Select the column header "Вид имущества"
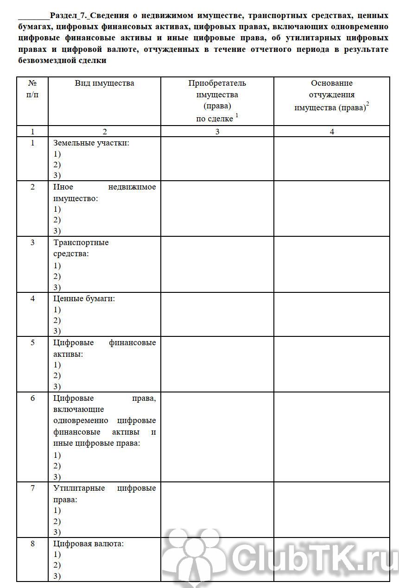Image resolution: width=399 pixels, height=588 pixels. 104,83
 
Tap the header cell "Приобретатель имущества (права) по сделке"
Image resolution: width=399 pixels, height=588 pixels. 217,101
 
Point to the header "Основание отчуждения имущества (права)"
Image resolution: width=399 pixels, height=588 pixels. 331,95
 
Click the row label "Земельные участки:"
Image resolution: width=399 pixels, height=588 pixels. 91,143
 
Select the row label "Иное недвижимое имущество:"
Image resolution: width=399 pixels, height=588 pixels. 104,193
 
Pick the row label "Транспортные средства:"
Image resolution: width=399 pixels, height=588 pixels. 81,248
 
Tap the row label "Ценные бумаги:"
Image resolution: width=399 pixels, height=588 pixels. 84,299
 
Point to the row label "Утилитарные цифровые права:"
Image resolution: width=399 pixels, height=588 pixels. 104,494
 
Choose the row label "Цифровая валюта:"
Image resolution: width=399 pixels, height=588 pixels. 89,544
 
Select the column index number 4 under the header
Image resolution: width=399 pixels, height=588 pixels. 332,132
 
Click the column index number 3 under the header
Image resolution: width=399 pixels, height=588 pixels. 217,132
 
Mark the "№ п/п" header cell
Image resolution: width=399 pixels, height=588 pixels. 32,89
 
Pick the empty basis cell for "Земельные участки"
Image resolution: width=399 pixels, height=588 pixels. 332,158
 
